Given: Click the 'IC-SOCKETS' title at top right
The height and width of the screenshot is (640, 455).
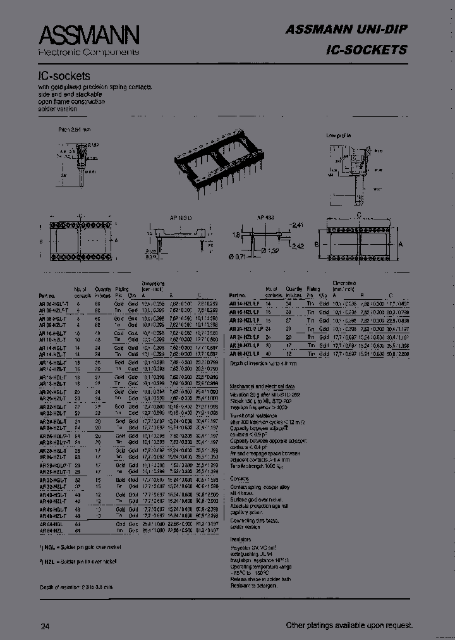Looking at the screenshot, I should [367, 49].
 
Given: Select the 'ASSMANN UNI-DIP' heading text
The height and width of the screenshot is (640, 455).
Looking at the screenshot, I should [346, 29].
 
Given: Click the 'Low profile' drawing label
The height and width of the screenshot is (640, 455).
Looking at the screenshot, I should [339, 135].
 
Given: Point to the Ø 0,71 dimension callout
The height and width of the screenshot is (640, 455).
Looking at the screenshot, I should [238, 255].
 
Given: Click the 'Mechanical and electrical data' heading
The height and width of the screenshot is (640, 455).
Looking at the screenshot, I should [263, 385].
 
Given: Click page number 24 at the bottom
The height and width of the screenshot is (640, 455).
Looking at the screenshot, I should [45, 626].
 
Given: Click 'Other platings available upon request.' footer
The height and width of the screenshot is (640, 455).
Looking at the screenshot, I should [349, 625].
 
